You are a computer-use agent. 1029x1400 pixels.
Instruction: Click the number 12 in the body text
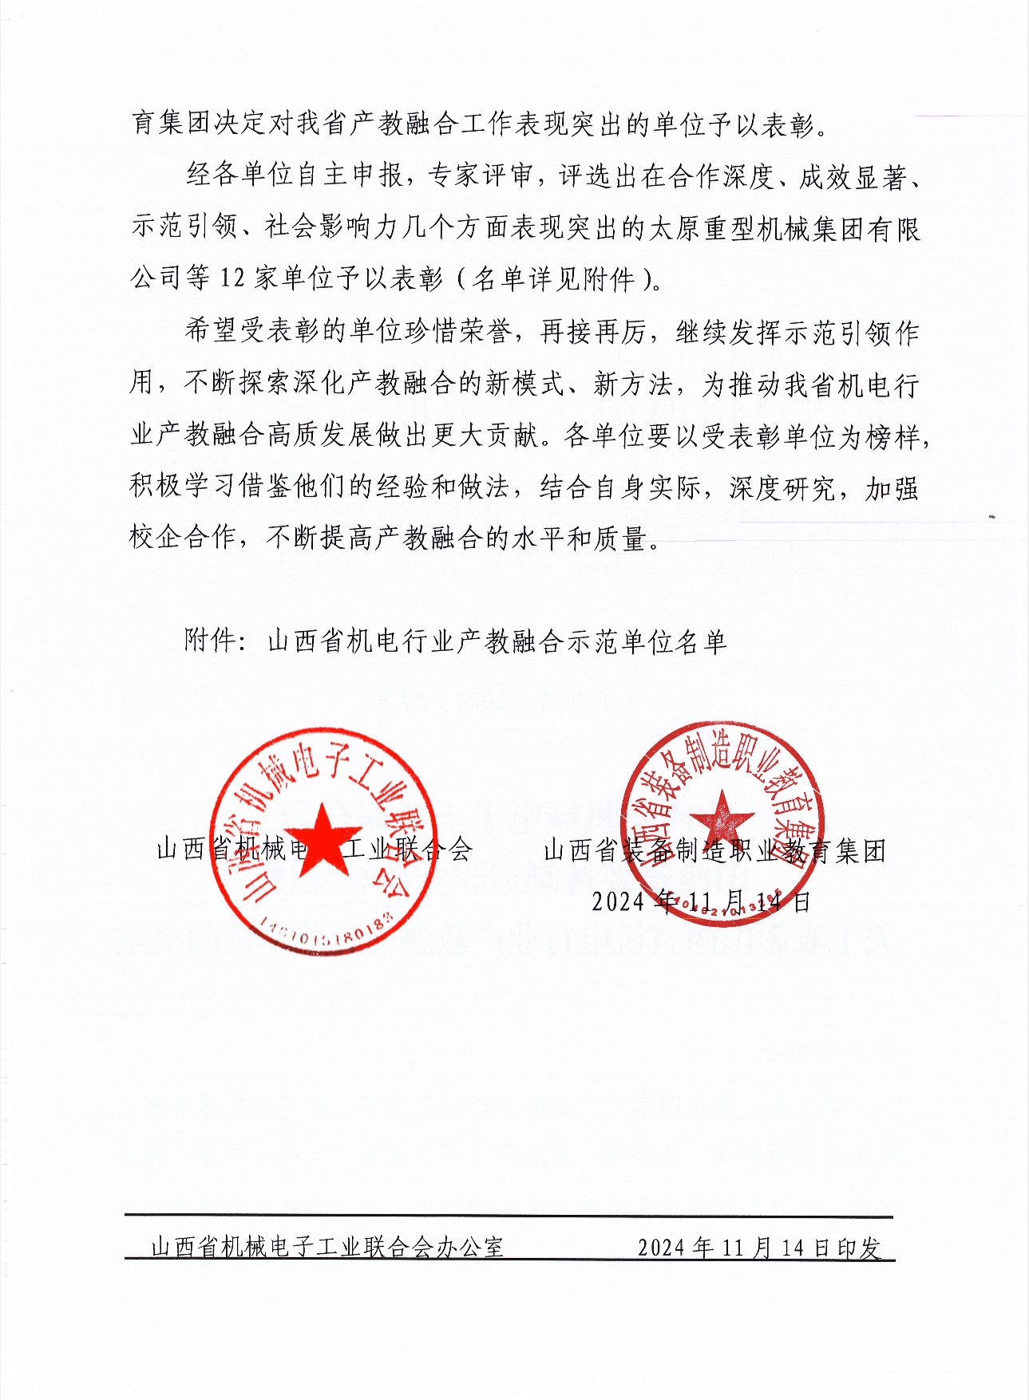point(232,278)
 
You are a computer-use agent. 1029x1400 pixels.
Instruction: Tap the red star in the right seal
point(721,822)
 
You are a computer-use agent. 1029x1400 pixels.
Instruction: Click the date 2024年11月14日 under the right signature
point(701,901)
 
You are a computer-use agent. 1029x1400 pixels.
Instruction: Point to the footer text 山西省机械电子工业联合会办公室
point(327,1247)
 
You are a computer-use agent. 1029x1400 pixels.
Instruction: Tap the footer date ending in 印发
point(759,1248)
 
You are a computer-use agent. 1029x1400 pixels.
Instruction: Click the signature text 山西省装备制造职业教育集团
point(714,851)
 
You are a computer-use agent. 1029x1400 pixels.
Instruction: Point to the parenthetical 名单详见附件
point(553,278)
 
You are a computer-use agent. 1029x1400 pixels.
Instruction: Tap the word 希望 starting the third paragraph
point(211,331)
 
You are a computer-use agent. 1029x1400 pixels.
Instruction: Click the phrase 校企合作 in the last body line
point(183,538)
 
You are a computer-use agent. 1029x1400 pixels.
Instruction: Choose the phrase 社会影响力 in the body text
point(330,229)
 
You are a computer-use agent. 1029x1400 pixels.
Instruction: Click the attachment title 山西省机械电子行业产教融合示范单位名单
point(497,641)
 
